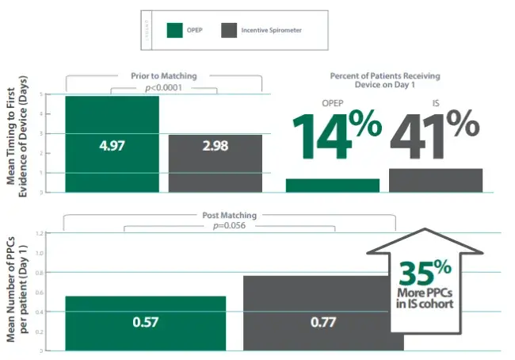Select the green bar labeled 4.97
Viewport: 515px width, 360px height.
click(112, 144)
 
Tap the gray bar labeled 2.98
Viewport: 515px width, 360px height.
click(216, 163)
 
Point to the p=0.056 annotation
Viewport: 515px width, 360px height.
click(228, 225)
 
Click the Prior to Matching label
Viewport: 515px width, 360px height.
click(163, 76)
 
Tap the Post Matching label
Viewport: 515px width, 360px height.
click(228, 215)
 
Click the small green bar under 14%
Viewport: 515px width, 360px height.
click(332, 186)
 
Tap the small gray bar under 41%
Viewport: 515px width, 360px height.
click(436, 180)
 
